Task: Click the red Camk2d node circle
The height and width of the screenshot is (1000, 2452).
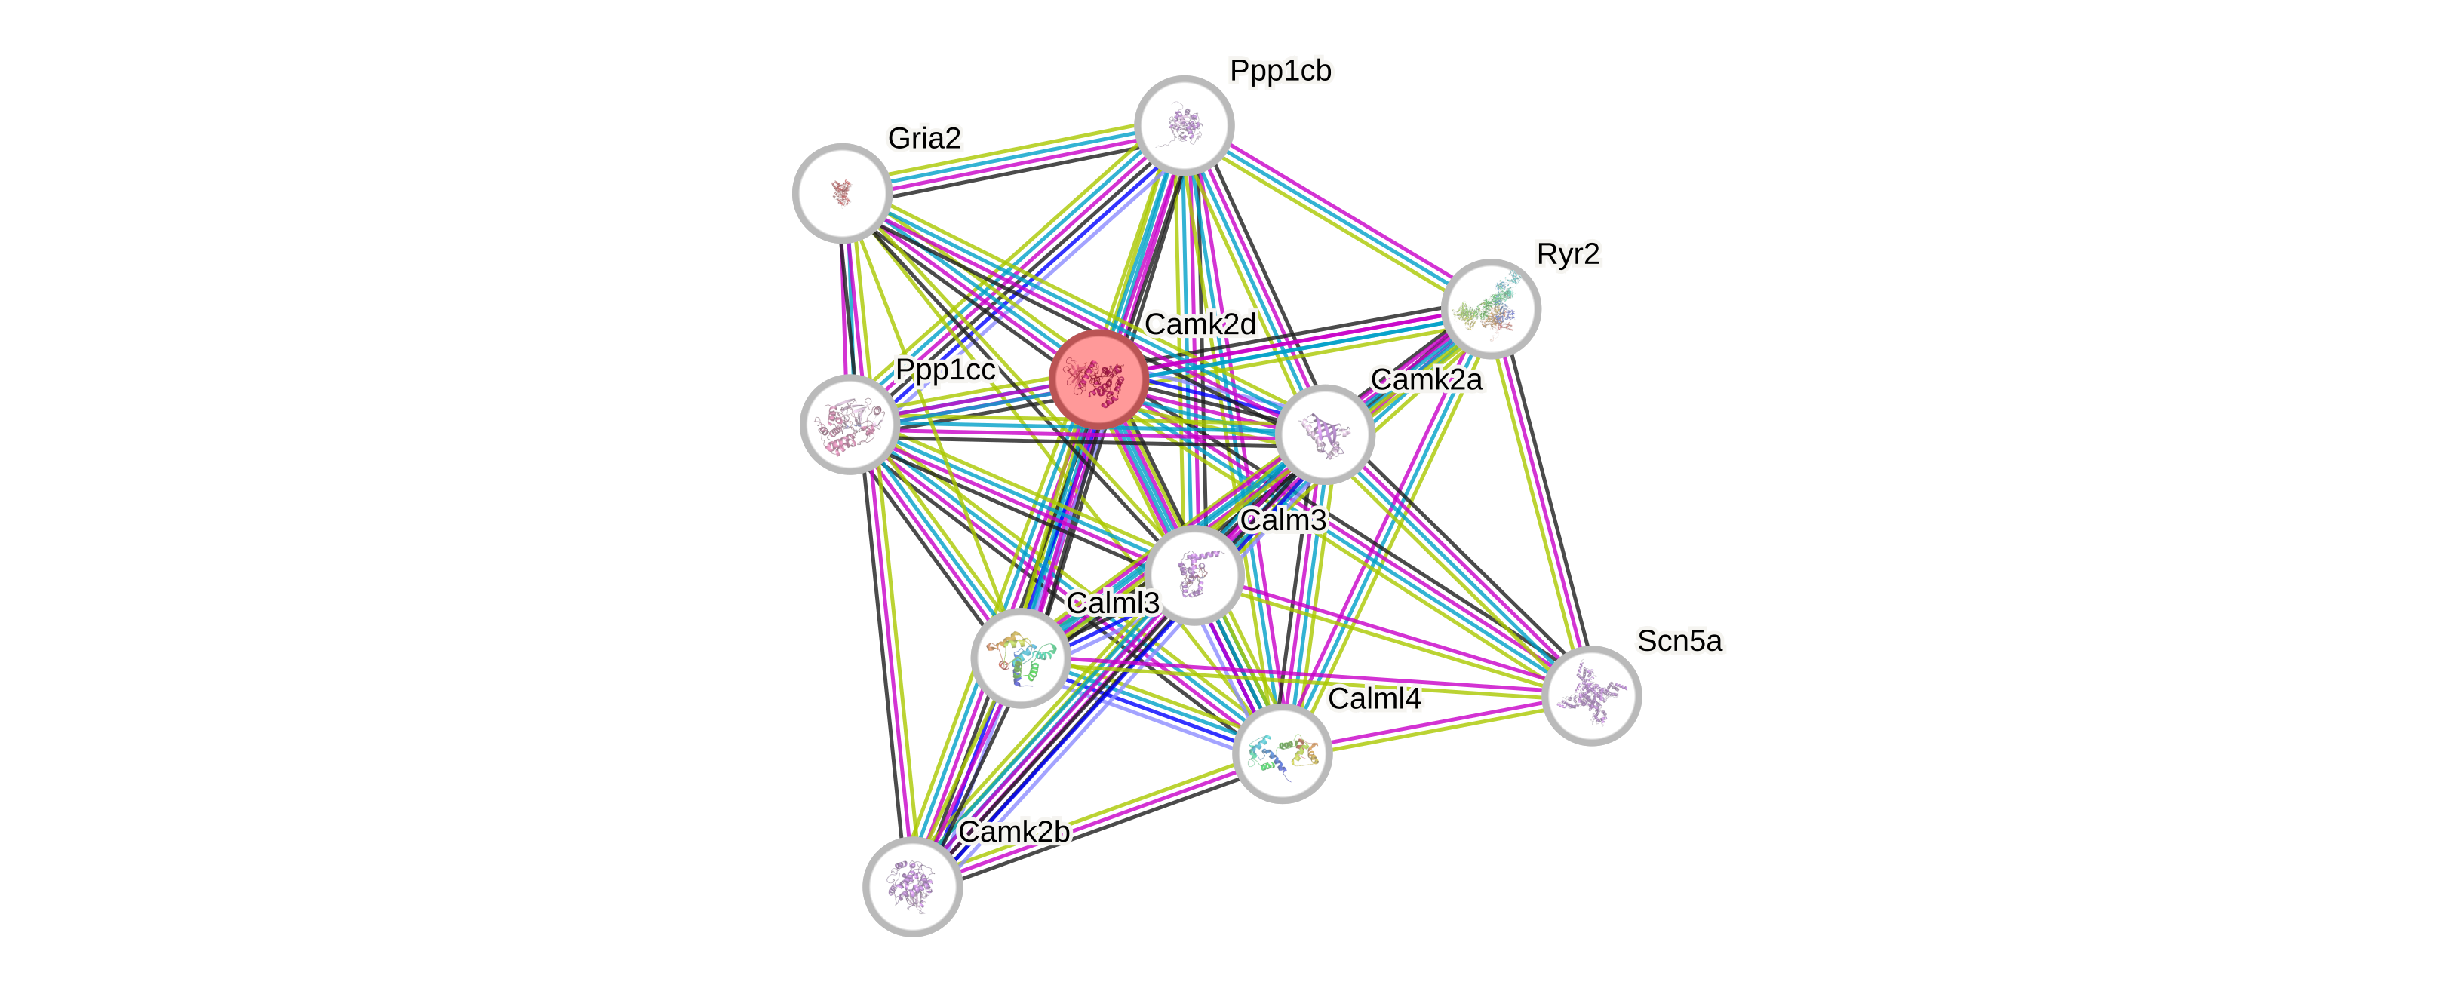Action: pos(1098,378)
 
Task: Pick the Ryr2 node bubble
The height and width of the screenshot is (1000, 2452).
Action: pos(1491,308)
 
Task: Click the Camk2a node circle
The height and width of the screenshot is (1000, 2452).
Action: pos(1324,434)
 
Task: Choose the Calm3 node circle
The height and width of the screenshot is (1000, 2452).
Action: pos(1194,575)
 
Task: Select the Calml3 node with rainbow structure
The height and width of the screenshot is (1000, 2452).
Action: pos(1020,658)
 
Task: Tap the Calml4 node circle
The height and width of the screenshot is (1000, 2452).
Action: pos(1282,753)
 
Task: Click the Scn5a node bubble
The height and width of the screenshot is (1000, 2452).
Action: pos(1590,695)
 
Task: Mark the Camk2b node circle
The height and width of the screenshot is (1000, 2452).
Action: pos(913,886)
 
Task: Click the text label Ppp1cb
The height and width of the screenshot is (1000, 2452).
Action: pos(1280,70)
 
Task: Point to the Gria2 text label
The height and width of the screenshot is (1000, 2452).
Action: pos(924,138)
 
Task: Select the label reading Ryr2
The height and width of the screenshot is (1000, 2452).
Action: pos(1568,254)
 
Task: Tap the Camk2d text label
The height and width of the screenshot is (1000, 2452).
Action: pos(1200,324)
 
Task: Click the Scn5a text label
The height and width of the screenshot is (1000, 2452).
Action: pos(1679,641)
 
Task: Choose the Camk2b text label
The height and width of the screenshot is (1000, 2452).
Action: pos(1014,830)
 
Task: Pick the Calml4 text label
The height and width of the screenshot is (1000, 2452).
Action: pos(1375,698)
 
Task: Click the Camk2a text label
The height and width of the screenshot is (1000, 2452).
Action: pos(1425,379)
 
